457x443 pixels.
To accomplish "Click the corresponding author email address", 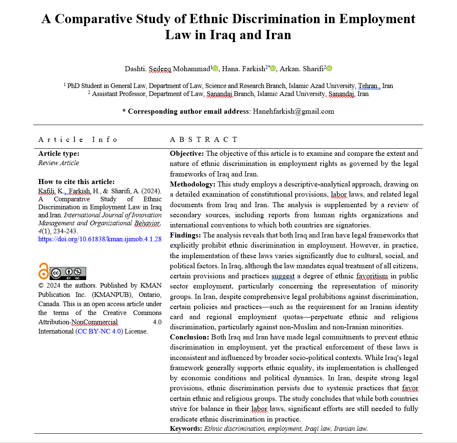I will click(293, 111).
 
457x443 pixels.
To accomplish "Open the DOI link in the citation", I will click(100, 239).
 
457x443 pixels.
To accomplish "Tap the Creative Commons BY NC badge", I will click(68, 273).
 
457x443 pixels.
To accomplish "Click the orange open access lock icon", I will click(43, 271).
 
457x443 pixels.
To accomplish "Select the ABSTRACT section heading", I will click(203, 139).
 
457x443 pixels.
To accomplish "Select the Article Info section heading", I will click(78, 139).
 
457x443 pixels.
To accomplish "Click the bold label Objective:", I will click(187, 154).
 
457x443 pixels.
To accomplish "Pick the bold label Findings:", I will click(185, 235).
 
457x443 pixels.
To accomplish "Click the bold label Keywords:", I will click(186, 428).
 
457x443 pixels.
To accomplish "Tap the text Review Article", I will click(58, 163).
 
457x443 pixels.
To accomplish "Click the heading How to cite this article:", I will click(76, 181).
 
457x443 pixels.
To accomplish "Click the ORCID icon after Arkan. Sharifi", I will click(329, 68).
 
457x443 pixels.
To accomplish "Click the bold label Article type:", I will click(58, 154).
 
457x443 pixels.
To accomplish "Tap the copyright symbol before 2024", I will click(41, 286).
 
